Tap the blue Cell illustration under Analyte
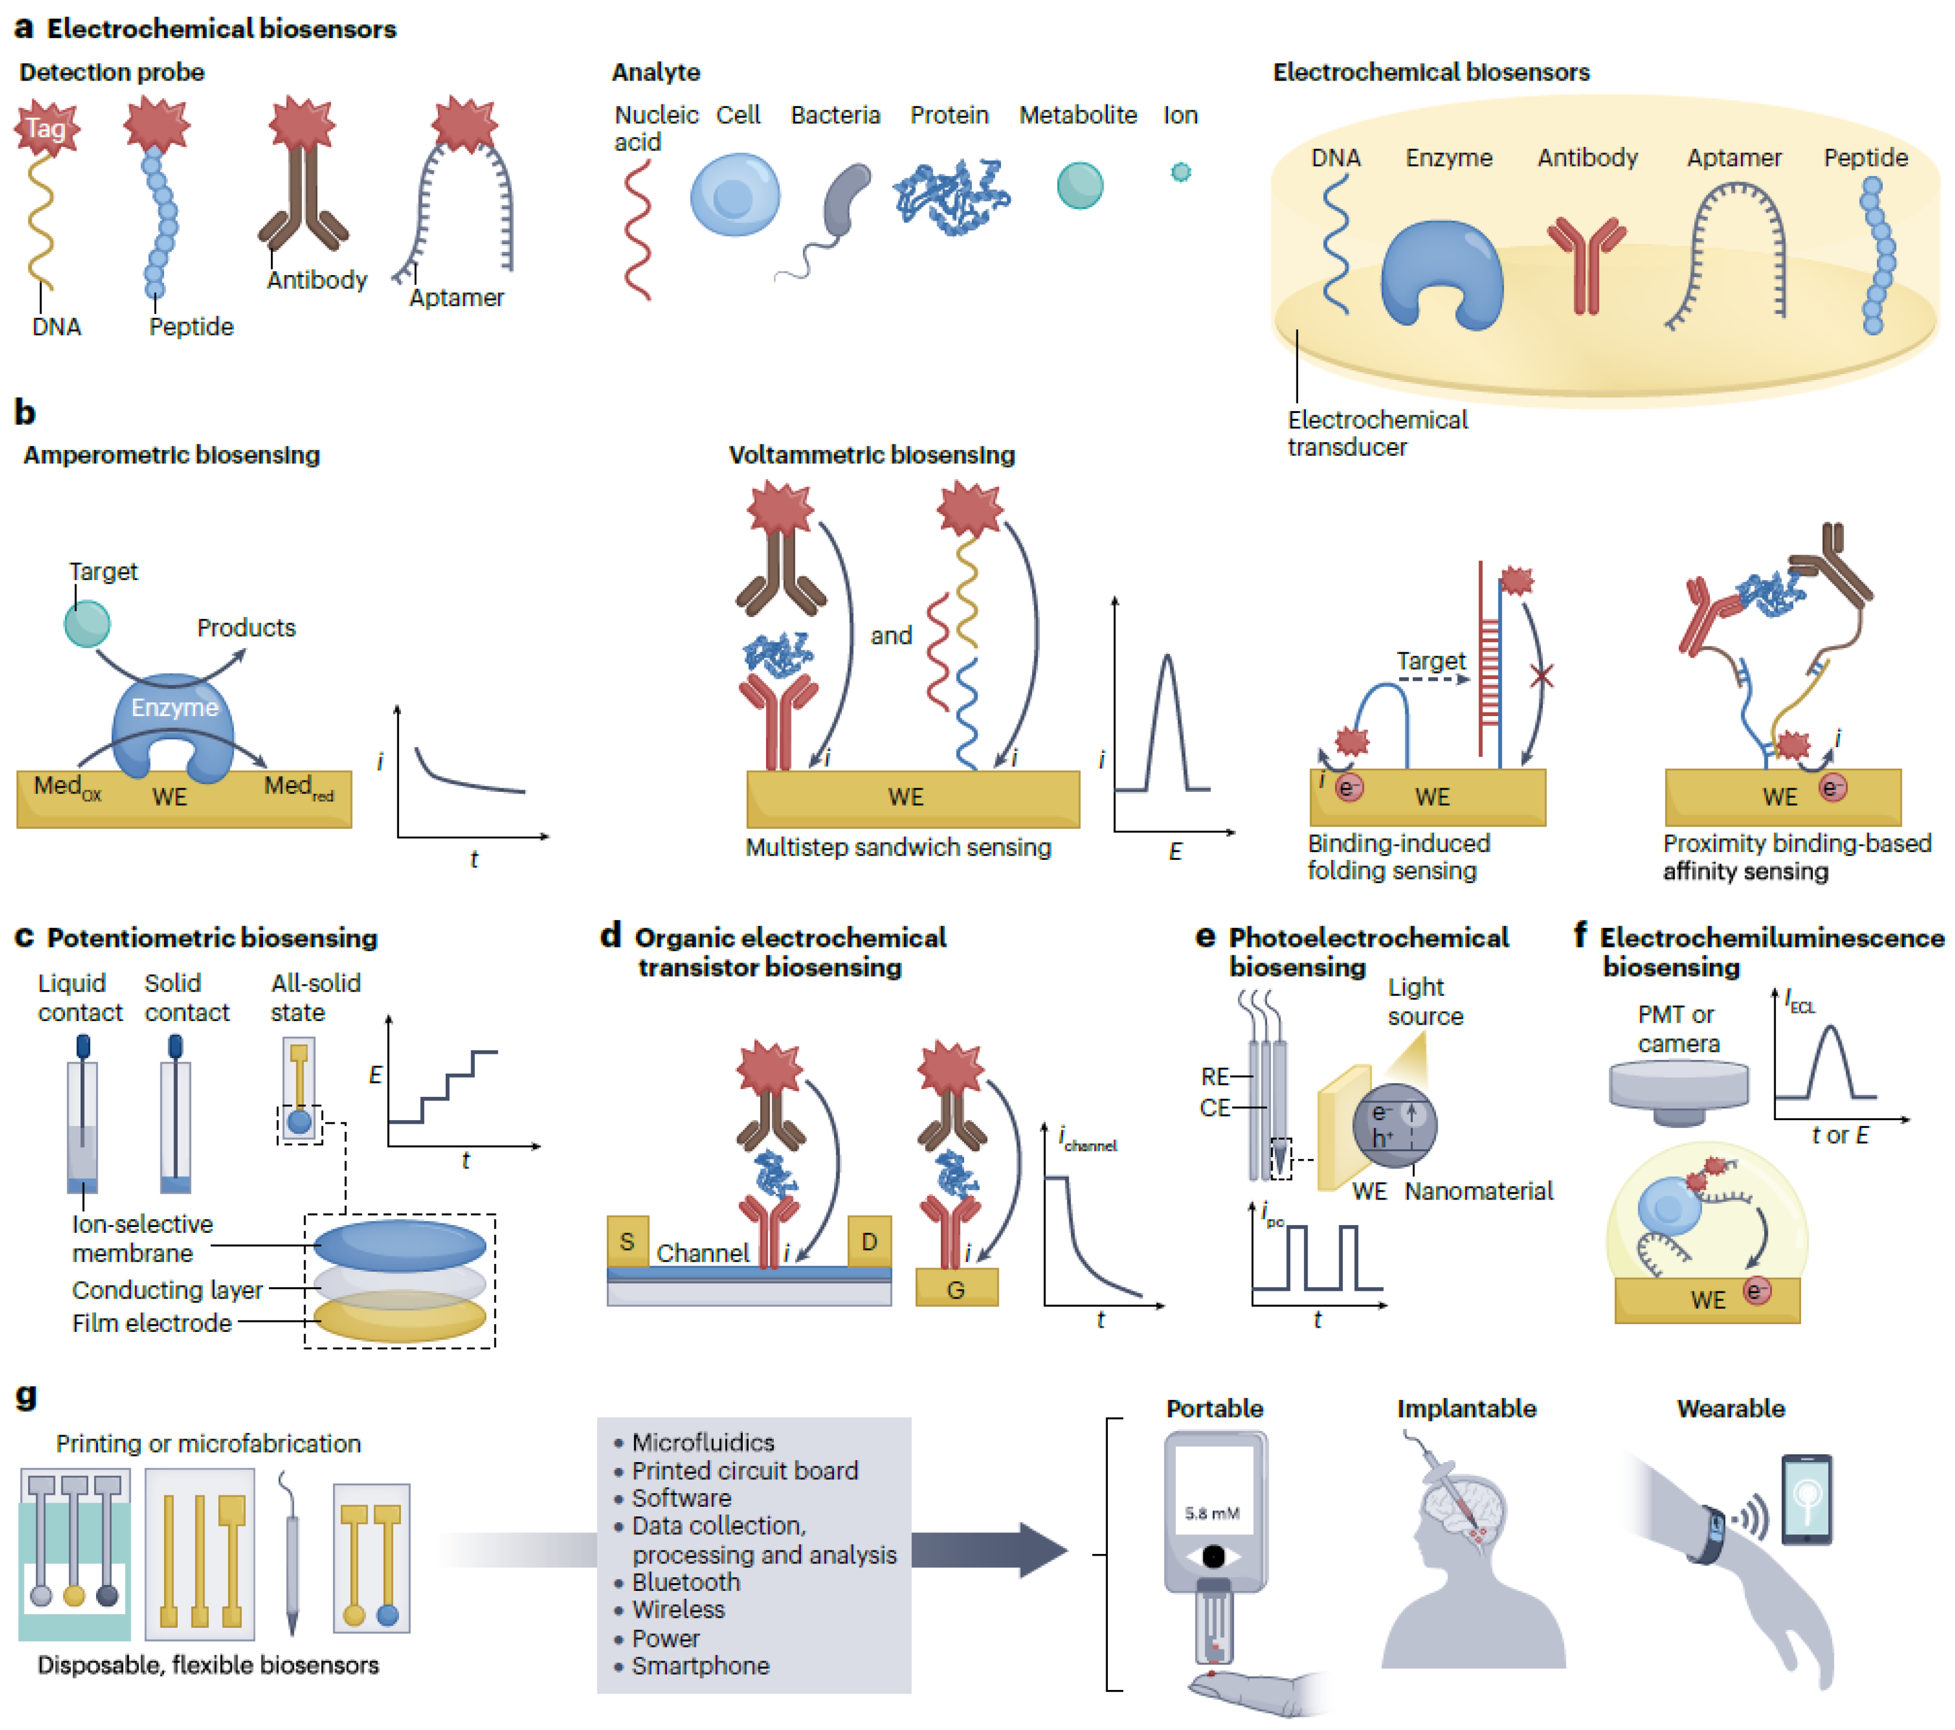(734, 195)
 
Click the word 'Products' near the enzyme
(246, 628)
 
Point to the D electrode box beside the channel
(869, 1241)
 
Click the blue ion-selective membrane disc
(400, 1245)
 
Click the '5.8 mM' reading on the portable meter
(1212, 1513)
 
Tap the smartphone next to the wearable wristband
(1806, 1498)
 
